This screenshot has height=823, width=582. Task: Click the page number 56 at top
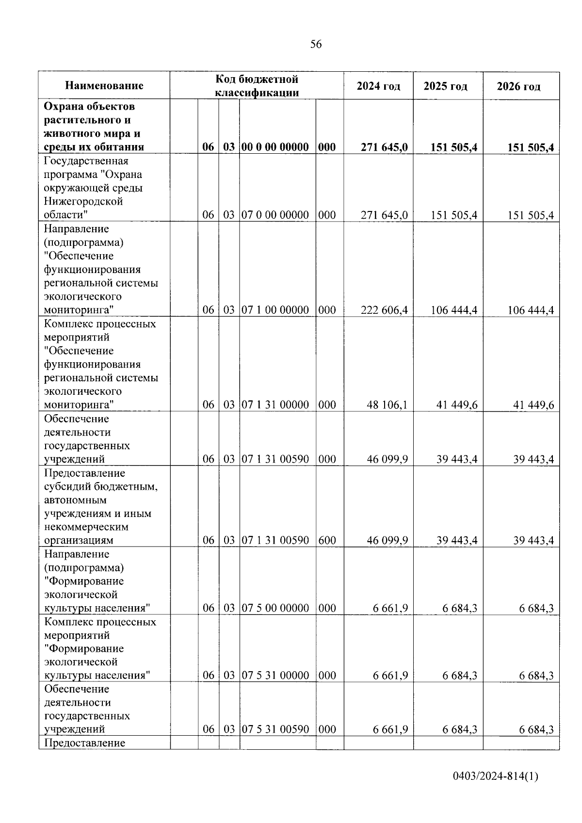(316, 45)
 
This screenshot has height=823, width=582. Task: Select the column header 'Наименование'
(104, 86)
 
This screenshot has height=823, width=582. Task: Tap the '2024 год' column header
(378, 86)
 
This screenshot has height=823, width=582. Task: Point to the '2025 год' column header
(445, 86)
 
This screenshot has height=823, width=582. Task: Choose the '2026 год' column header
(518, 86)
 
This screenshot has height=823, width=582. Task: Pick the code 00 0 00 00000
(275, 147)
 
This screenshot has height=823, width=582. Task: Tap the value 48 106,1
(387, 405)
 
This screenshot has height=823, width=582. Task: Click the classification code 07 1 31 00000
(275, 405)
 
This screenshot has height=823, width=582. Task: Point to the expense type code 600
(327, 540)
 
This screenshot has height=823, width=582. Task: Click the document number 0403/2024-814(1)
(496, 776)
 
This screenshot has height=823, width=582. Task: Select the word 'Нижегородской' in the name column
(83, 201)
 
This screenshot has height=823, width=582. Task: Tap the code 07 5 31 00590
(275, 729)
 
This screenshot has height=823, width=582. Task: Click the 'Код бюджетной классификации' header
(257, 86)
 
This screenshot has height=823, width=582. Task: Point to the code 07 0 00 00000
(275, 215)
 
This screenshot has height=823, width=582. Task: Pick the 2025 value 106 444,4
(453, 310)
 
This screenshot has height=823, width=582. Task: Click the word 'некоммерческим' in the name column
(86, 527)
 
